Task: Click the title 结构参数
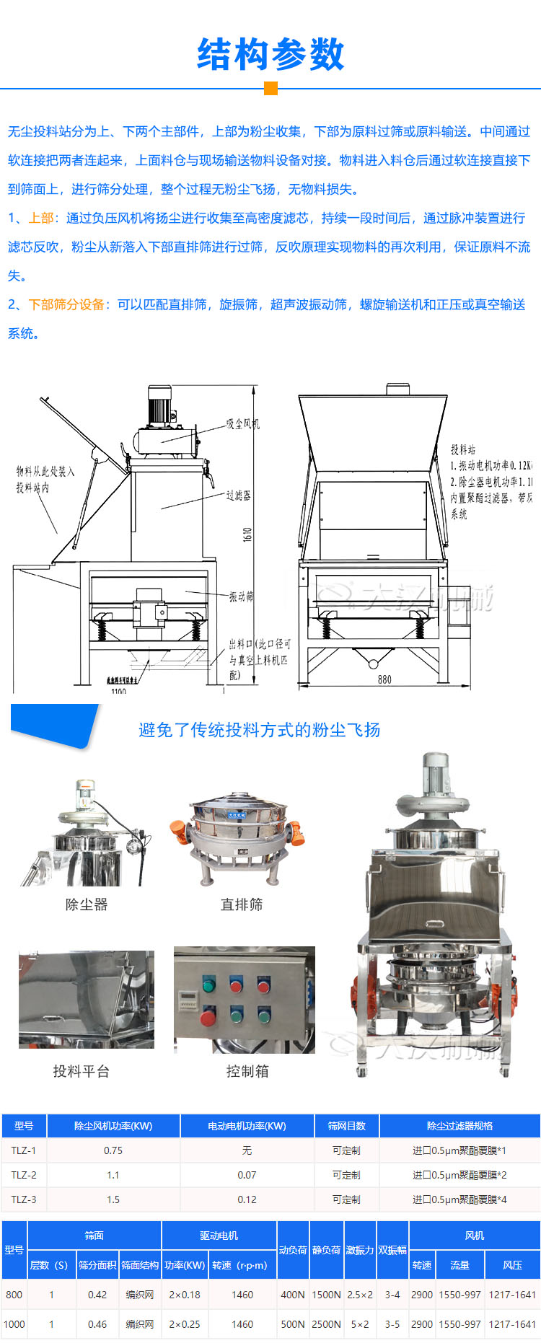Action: pos(270,55)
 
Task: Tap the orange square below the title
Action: pos(270,88)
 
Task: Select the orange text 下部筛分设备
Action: pos(66,304)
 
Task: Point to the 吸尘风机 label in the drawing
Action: pos(242,423)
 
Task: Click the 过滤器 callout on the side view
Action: pos(238,496)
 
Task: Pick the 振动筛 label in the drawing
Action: pos(241,596)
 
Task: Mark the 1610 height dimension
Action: pos(247,534)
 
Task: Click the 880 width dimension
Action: pos(384,679)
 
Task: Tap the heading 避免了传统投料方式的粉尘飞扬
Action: pos(260,730)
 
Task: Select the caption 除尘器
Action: pos(87,904)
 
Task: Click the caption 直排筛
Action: pos(242,904)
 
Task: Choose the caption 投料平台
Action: pos(82,1071)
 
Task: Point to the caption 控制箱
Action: pos(247,1071)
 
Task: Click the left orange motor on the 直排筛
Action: pos(179,831)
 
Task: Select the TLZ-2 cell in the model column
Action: pos(24,1175)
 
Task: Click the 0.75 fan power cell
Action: pos(113,1150)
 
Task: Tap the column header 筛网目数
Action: pos(346,1126)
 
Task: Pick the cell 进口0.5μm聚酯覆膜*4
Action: pos(459,1199)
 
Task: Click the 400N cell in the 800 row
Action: pos(293,1295)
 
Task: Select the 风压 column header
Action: pos(512,1265)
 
